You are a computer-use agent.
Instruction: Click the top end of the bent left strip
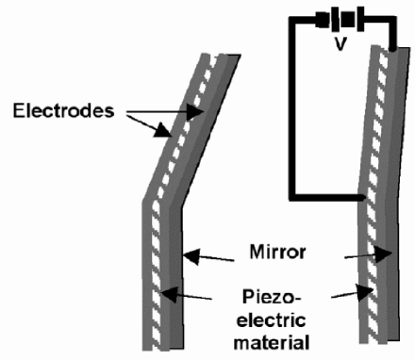222,54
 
